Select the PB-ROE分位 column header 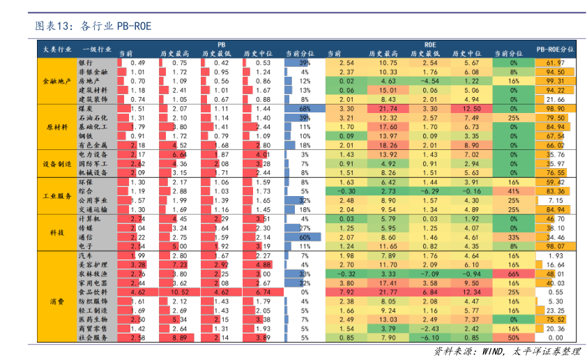tap(555, 50)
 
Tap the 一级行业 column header tap(96, 50)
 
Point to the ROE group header tap(430, 43)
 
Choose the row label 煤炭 tap(86, 109)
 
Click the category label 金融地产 tap(56, 81)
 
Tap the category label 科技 tap(56, 232)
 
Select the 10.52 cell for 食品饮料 tap(179, 292)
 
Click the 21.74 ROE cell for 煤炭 tap(388, 109)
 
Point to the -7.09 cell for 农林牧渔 tap(430, 273)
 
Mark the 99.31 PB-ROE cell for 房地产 tap(555, 81)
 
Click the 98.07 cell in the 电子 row tap(555, 246)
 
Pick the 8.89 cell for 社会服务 tap(179, 337)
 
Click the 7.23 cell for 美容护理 tap(179, 264)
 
